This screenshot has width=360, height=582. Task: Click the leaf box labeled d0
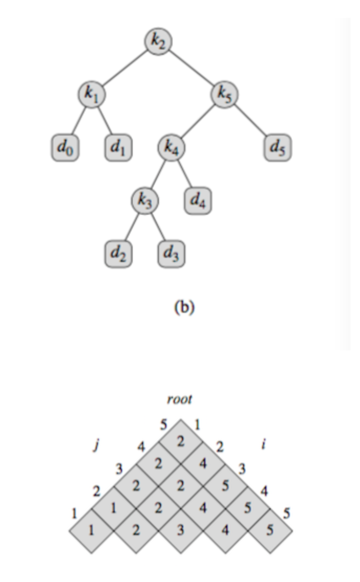pyautogui.click(x=65, y=148)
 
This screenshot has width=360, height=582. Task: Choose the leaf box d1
pyautogui.click(x=118, y=148)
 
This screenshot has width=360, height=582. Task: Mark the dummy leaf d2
pyautogui.click(x=118, y=255)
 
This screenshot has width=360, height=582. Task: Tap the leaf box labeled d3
pyautogui.click(x=171, y=255)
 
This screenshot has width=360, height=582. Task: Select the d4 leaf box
pyautogui.click(x=198, y=202)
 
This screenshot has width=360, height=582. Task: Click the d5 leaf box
pyautogui.click(x=277, y=148)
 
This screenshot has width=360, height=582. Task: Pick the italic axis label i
pyautogui.click(x=263, y=445)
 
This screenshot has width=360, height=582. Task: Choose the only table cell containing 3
pyautogui.click(x=181, y=530)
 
